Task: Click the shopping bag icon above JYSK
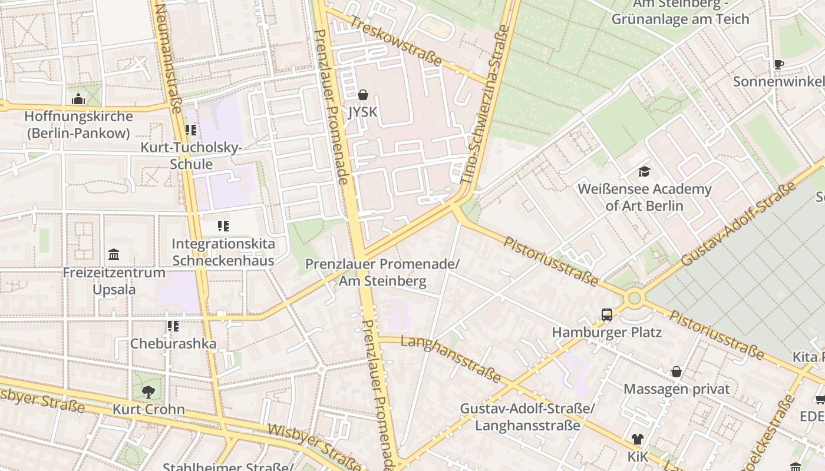point(362,95)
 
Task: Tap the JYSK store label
point(362,112)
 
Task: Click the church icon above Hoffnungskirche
point(78,99)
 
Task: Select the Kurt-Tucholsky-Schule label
point(191,155)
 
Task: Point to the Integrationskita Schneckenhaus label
point(223,252)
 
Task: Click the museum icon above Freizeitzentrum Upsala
point(114,255)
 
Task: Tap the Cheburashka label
point(173,343)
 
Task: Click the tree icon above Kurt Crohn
point(148,392)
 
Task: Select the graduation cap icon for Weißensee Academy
point(644,172)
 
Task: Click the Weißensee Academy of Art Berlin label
point(644,197)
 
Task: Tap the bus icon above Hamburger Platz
point(607,315)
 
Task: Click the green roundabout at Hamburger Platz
point(634,298)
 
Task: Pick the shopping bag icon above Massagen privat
point(676,372)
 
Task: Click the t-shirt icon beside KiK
point(637,439)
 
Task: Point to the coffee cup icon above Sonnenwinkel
point(778,65)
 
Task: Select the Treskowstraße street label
point(395,41)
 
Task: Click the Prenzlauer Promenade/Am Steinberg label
point(382,273)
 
